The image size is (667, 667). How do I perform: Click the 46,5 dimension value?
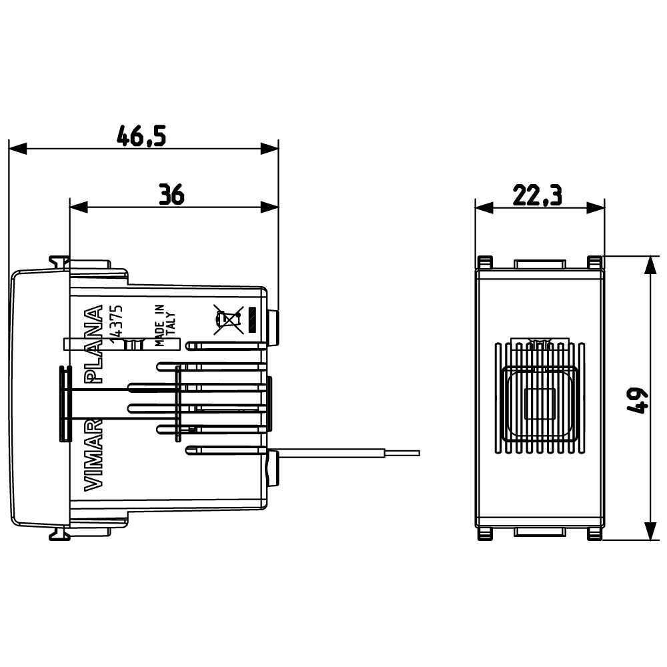[141, 135]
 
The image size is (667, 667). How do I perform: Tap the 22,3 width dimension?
[538, 195]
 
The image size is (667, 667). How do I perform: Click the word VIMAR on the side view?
[94, 457]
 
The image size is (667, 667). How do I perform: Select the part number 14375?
[115, 323]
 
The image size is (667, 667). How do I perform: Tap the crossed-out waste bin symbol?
[227, 319]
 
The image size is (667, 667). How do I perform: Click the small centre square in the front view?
[539, 403]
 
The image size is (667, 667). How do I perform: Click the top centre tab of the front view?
[539, 263]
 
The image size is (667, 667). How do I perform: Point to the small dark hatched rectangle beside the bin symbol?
[252, 320]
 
